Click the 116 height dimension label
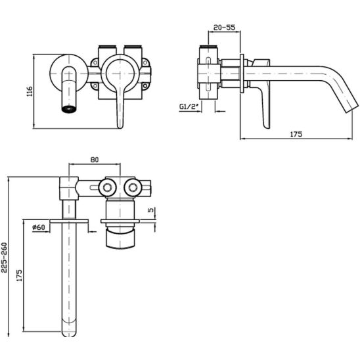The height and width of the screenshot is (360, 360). (x=30, y=91)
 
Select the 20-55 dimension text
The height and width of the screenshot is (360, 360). (x=224, y=28)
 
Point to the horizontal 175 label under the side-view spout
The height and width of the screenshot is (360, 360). (x=296, y=134)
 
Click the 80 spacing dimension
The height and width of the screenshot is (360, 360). (x=95, y=160)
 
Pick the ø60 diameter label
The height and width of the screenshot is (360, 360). (x=39, y=227)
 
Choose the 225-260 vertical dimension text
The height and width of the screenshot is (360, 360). (x=5, y=258)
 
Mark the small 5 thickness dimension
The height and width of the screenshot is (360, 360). (x=151, y=210)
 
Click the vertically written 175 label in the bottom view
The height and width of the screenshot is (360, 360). (x=20, y=275)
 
